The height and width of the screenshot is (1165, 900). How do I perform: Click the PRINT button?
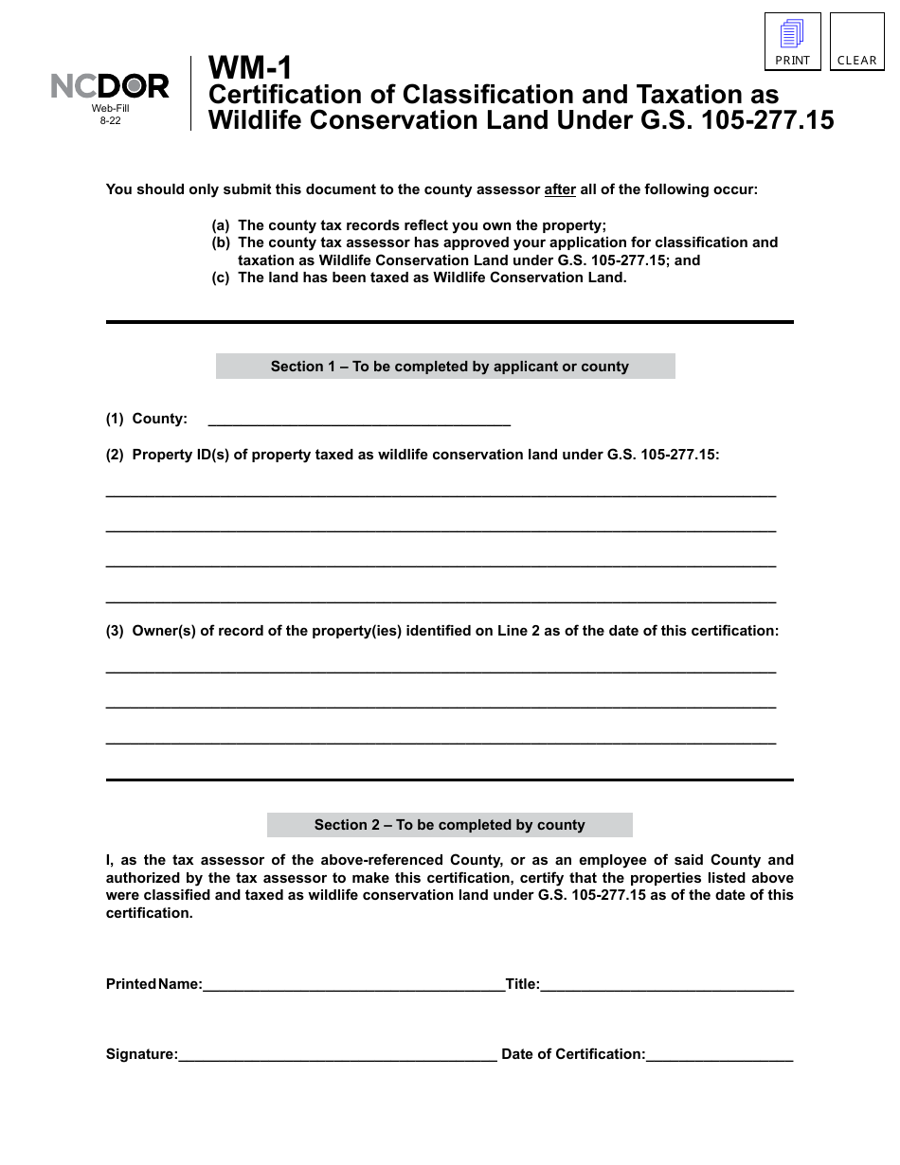click(793, 43)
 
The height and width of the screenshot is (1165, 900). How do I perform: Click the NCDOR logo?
click(110, 87)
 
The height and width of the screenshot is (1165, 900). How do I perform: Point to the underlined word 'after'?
click(560, 189)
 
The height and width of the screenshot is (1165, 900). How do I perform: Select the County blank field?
click(358, 418)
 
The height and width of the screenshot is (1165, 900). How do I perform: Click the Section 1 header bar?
click(445, 367)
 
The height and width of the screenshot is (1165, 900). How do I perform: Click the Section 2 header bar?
click(449, 825)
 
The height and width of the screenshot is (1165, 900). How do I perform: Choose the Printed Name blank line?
click(353, 983)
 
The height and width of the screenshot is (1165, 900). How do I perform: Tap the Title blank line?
click(667, 983)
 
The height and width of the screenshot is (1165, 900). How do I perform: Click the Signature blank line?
click(337, 1053)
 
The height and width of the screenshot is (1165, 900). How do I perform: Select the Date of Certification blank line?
click(720, 1053)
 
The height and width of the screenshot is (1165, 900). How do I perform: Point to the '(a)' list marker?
click(220, 225)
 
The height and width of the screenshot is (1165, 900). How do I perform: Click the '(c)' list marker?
click(220, 278)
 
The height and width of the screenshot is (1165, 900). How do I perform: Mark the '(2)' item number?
click(115, 455)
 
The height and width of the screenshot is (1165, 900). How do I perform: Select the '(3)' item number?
click(115, 631)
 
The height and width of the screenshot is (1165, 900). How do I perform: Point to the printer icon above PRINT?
click(792, 34)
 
